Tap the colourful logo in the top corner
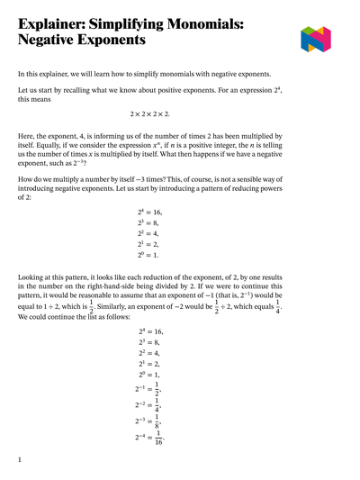pyautogui.click(x=316, y=38)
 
